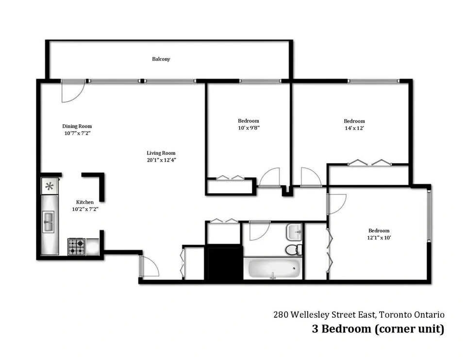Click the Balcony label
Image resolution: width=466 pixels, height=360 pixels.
coord(161,59)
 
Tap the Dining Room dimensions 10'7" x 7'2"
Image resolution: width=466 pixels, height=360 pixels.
coord(77,133)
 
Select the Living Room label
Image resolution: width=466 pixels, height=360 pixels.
coord(161,153)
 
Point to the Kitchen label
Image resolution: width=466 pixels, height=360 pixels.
coord(84,202)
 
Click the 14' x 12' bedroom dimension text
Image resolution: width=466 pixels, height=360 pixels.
coord(354,128)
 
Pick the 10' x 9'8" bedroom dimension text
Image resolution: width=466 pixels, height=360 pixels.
coord(249,128)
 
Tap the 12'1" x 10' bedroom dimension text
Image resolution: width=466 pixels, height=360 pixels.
coord(379,238)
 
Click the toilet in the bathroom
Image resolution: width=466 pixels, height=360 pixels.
coord(294,249)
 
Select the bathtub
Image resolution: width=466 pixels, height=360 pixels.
coord(273,268)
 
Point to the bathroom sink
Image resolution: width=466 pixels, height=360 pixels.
coord(294,232)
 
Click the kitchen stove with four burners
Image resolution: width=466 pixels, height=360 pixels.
coord(76,247)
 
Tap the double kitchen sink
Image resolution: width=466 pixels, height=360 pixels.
coord(49,222)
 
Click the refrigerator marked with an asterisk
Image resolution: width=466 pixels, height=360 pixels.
coord(50,186)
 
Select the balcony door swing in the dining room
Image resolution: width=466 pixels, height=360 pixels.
coord(73,92)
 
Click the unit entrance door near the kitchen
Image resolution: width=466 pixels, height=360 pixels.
coord(149,266)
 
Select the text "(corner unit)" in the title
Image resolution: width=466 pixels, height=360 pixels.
coord(409,329)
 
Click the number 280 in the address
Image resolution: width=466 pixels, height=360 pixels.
coord(281,314)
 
